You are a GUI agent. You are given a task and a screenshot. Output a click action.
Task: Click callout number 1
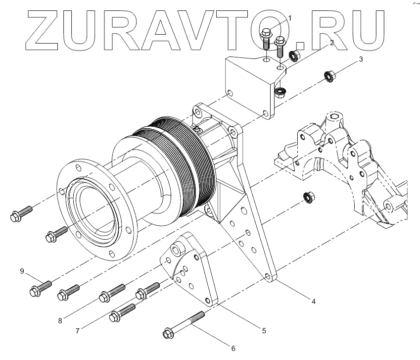coord(290,18)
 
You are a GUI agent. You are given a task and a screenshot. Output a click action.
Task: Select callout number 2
coord(332,43)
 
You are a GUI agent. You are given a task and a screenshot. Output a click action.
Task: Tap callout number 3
coord(361,59)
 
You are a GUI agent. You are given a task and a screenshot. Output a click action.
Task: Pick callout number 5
coord(264,330)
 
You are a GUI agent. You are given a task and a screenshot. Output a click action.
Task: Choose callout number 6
coord(233,350)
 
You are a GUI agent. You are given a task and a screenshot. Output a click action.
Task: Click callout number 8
coord(60,320)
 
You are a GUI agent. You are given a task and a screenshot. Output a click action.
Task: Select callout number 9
coord(22,271)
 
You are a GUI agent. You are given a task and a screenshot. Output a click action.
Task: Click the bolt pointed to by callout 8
coord(69,292)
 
